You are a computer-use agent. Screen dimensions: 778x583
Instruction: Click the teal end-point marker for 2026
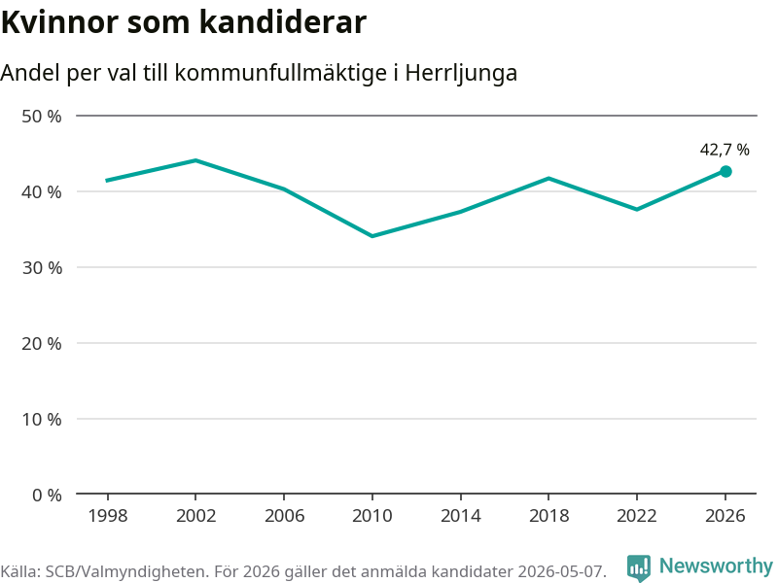725,172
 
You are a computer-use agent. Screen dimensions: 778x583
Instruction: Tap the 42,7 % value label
725,150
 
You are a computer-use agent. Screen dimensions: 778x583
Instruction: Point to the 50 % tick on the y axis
42,117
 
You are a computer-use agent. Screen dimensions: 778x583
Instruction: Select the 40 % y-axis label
42,191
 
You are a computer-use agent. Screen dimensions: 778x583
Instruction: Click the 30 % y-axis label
42,268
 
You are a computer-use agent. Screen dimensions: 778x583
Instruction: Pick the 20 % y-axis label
42,344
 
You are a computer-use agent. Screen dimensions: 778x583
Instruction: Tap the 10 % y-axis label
42,420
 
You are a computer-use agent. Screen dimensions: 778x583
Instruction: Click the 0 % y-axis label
47,495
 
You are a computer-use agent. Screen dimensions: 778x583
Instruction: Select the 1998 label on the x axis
108,516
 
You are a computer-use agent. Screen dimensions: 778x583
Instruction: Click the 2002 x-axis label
196,516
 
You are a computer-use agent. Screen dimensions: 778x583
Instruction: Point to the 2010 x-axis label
372,516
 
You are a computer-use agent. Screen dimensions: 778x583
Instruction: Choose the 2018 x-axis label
548,516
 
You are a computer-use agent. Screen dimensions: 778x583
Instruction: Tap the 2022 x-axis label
637,516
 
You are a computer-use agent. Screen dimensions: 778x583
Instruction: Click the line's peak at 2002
196,160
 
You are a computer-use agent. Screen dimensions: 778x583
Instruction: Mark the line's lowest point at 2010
372,236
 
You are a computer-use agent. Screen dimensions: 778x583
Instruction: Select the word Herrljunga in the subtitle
461,74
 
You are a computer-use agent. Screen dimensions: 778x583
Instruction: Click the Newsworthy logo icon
639,567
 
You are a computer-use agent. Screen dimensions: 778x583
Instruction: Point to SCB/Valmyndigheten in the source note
124,571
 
